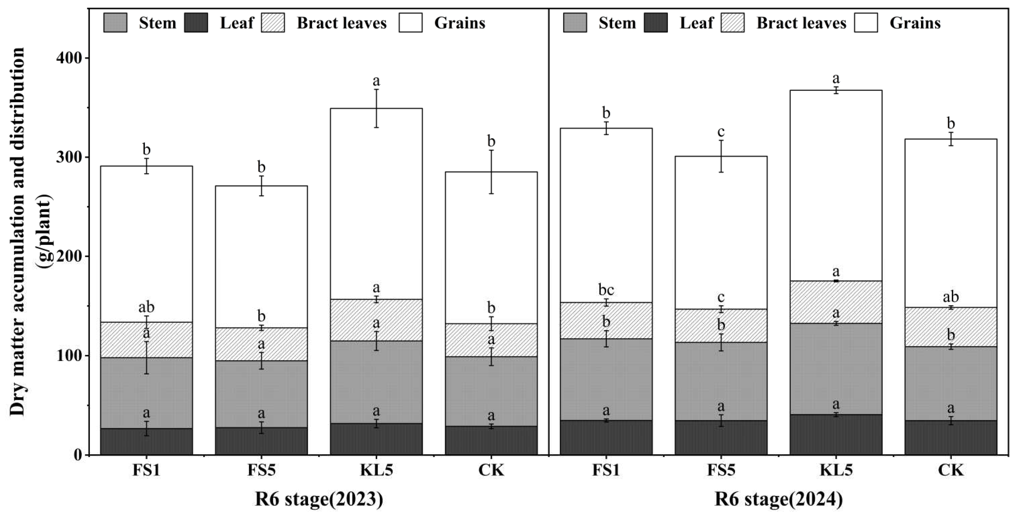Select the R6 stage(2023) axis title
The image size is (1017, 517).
pyautogui.click(x=319, y=500)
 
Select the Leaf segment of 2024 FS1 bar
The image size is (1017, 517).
pyautogui.click(x=606, y=438)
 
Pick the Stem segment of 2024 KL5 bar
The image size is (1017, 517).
pyautogui.click(x=836, y=369)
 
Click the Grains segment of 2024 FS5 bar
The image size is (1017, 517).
pyautogui.click(x=721, y=233)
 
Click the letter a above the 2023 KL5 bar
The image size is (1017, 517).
pyautogui.click(x=376, y=81)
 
